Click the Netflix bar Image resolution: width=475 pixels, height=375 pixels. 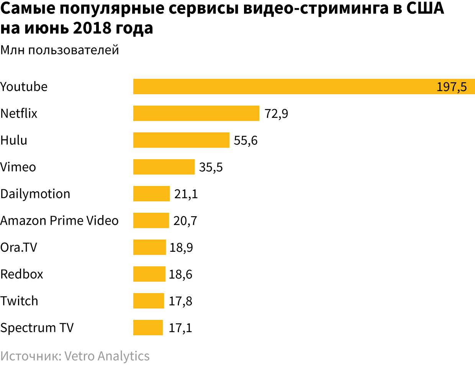click(x=196, y=113)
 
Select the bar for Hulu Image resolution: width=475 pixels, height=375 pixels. click(x=181, y=140)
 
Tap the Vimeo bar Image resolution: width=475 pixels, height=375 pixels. click(x=164, y=167)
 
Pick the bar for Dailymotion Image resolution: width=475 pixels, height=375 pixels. click(x=151, y=194)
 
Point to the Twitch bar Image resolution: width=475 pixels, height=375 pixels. click(x=149, y=301)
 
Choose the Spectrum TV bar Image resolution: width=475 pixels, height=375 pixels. click(x=148, y=328)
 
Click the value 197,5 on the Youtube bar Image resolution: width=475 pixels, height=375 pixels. click(x=452, y=87)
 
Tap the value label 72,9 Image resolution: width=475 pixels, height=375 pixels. click(x=276, y=114)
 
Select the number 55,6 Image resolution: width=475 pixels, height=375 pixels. click(x=246, y=140)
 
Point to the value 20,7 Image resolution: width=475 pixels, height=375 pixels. click(x=185, y=221)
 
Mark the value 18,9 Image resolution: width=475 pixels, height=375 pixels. click(x=181, y=248)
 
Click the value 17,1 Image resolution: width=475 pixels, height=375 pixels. click(x=180, y=328)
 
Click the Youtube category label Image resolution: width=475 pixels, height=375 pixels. click(x=24, y=87)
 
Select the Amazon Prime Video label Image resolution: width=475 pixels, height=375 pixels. click(x=59, y=221)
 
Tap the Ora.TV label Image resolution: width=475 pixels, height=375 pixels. click(x=19, y=248)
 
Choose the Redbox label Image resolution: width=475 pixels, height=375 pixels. click(x=22, y=274)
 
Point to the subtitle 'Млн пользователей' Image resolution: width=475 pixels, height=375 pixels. click(x=60, y=50)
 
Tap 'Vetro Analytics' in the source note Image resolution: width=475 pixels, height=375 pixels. click(x=107, y=356)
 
